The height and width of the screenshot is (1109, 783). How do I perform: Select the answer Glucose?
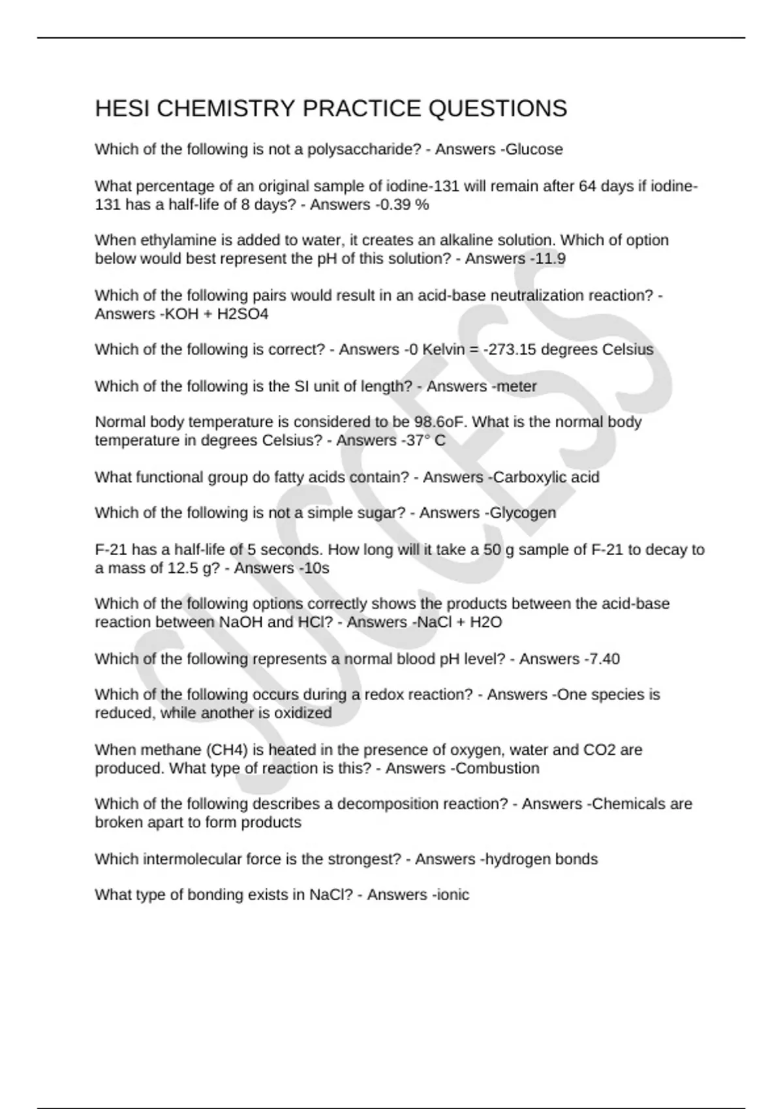(534, 149)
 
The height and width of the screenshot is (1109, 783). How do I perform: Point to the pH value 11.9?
(549, 259)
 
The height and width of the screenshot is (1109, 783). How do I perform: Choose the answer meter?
(517, 387)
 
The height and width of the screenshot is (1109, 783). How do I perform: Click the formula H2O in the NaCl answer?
(485, 622)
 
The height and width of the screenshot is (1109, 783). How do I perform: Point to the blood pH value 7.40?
(604, 659)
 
